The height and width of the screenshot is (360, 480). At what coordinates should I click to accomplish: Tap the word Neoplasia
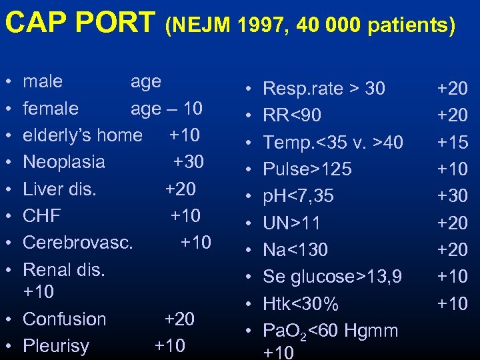pyautogui.click(x=64, y=162)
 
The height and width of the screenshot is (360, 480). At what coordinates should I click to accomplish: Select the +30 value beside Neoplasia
pyautogui.click(x=189, y=162)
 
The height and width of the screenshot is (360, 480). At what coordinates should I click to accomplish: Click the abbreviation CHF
pyautogui.click(x=41, y=216)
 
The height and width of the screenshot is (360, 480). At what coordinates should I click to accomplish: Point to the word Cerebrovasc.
pyautogui.click(x=78, y=243)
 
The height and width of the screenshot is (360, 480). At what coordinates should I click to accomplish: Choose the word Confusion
pyautogui.click(x=65, y=319)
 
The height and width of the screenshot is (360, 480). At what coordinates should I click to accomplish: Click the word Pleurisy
pyautogui.click(x=56, y=347)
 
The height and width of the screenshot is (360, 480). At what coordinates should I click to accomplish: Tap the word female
pyautogui.click(x=51, y=108)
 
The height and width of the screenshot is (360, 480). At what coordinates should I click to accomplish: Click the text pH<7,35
pyautogui.click(x=299, y=196)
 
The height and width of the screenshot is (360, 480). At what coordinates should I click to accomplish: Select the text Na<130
pyautogui.click(x=295, y=250)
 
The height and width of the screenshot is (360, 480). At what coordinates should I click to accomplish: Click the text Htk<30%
pyautogui.click(x=301, y=304)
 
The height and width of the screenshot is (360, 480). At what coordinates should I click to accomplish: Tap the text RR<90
pyautogui.click(x=292, y=115)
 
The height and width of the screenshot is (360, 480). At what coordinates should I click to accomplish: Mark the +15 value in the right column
pyautogui.click(x=453, y=143)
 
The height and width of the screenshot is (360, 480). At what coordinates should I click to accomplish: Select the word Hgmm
pyautogui.click(x=375, y=331)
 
